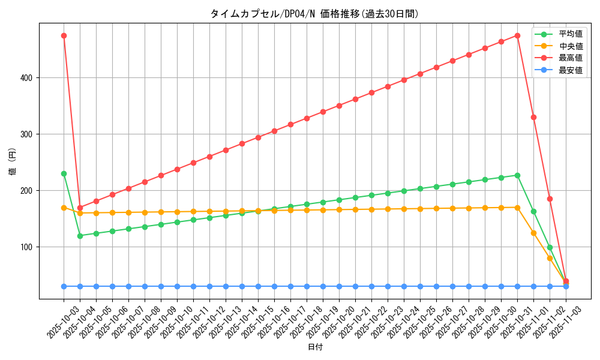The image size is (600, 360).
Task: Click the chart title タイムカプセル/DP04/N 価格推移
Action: point(314,14)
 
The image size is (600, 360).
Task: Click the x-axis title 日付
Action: point(314,347)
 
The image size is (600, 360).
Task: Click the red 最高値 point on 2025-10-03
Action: point(64,35)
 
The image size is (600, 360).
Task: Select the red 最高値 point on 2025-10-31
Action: point(517,35)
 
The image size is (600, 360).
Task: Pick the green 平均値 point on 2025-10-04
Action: point(80,236)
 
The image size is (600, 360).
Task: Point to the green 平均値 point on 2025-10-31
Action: point(517,175)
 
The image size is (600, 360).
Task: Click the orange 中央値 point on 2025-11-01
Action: point(533,233)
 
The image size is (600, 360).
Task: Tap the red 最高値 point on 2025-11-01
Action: point(533,117)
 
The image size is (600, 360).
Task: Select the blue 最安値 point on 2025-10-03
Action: point(64,286)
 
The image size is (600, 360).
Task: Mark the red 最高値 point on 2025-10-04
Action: point(80,208)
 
